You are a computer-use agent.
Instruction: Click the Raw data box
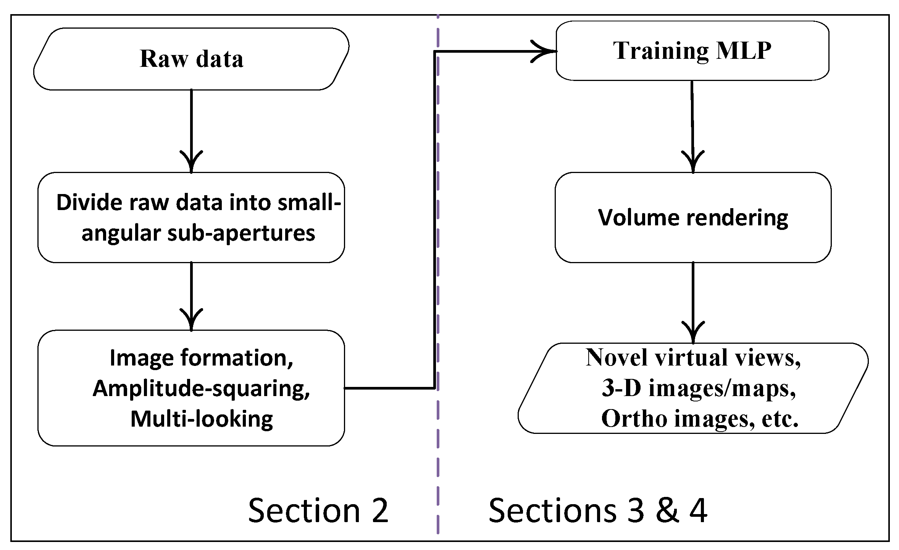[x=191, y=59]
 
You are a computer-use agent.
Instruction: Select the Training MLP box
[x=692, y=50]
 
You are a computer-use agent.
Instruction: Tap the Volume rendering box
[x=693, y=218]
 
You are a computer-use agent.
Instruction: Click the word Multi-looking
[x=202, y=419]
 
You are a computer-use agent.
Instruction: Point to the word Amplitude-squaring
[x=201, y=388]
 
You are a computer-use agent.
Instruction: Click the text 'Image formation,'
[x=201, y=358]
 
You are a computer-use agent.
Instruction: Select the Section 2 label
[x=318, y=511]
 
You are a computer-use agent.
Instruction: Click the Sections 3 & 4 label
[x=597, y=511]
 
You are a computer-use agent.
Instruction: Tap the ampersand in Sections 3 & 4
[x=667, y=511]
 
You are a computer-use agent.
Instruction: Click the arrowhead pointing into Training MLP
[x=544, y=51]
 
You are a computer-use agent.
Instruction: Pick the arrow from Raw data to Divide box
[x=191, y=130]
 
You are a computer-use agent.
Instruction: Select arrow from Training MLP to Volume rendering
[x=692, y=126]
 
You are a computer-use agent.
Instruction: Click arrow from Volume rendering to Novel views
[x=693, y=302]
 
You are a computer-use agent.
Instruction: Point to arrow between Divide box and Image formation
[x=191, y=296]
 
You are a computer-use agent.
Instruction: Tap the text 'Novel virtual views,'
[x=693, y=358]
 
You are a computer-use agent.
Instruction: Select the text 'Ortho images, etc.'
[x=699, y=419]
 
